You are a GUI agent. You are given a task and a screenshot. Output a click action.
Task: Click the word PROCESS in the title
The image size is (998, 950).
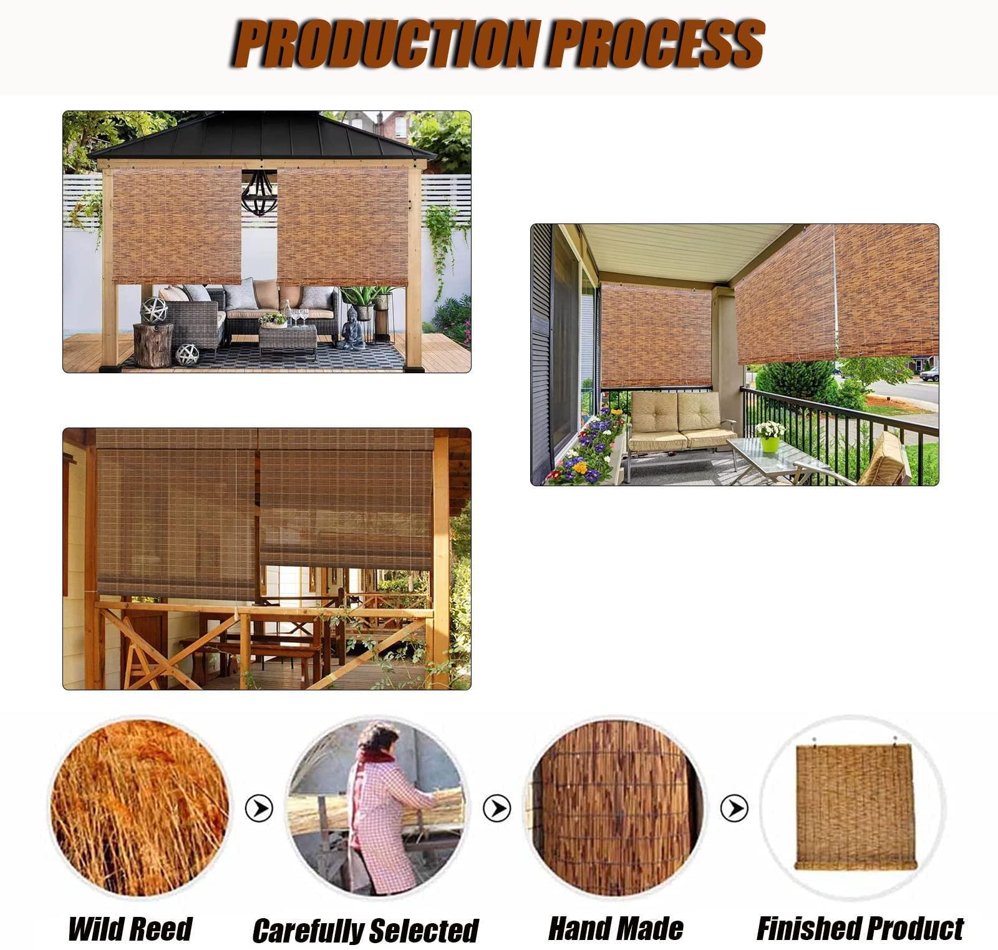tap(654, 43)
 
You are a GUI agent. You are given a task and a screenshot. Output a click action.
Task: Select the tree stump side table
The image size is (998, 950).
tap(153, 345)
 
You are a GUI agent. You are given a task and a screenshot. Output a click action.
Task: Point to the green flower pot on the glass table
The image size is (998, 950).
tap(770, 444)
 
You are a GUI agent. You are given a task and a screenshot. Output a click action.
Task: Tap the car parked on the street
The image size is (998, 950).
tap(929, 374)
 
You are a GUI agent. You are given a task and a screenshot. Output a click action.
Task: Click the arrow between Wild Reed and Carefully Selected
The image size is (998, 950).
tap(258, 808)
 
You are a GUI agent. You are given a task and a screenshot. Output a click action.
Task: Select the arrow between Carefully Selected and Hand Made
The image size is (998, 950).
tap(497, 808)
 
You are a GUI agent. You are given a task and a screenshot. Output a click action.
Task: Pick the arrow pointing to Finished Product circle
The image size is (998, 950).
tap(734, 808)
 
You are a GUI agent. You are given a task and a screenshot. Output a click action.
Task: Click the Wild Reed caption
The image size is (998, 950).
tap(130, 928)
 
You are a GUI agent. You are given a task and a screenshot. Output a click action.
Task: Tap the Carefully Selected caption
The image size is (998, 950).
tap(365, 930)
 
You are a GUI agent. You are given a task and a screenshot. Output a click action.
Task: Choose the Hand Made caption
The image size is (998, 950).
tap(616, 928)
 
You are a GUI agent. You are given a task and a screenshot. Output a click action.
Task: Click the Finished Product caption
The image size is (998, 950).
tap(860, 928)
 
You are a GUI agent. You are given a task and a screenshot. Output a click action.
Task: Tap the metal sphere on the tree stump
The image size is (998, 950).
tap(154, 310)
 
